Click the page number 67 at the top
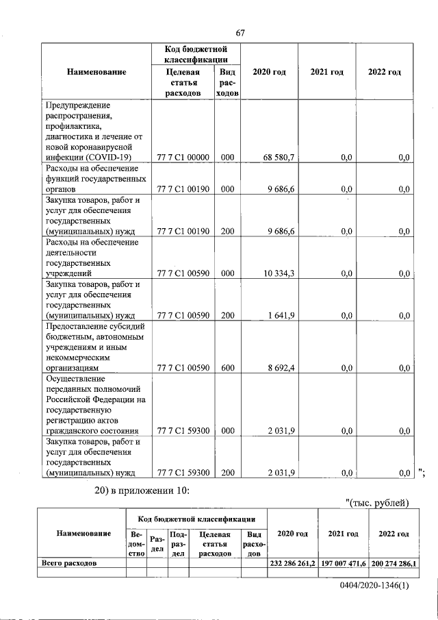[240, 33]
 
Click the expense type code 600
[227, 367]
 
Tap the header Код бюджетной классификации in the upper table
[196, 54]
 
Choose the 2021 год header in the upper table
[326, 72]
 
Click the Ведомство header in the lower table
[136, 543]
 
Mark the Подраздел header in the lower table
[178, 543]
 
